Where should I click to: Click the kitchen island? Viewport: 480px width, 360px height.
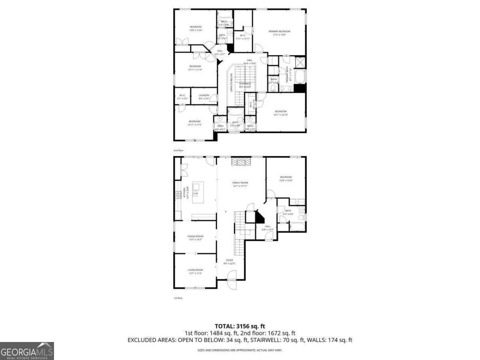[x=198, y=192]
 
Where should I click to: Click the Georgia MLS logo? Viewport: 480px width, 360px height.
[x=27, y=351]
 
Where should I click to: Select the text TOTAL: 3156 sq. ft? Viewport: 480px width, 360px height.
[x=240, y=326]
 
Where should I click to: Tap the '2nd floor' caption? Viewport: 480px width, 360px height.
[x=178, y=150]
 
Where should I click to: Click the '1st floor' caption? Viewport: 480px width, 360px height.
[x=178, y=298]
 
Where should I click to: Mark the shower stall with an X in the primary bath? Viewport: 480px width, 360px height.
[x=300, y=63]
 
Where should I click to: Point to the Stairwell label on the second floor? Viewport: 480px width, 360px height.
[x=245, y=85]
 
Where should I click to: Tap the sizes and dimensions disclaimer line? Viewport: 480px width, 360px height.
[x=240, y=350]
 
